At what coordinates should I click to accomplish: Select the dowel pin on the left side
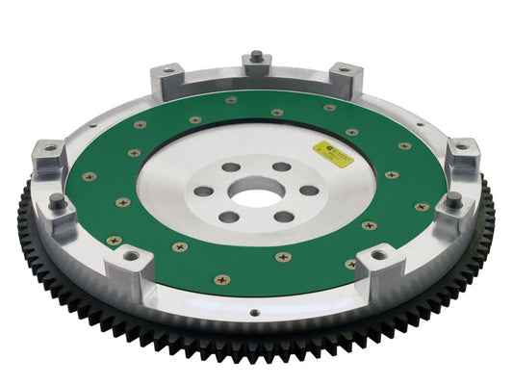(x=57, y=200)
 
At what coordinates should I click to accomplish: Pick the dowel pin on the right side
(x=452, y=198)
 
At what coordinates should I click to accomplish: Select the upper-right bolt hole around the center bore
(x=282, y=167)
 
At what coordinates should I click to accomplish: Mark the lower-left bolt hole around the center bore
(x=228, y=217)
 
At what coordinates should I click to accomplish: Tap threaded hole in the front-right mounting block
(x=378, y=256)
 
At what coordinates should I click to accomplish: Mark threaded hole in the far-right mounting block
(x=461, y=147)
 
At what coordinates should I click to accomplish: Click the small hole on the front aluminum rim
(x=254, y=312)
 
